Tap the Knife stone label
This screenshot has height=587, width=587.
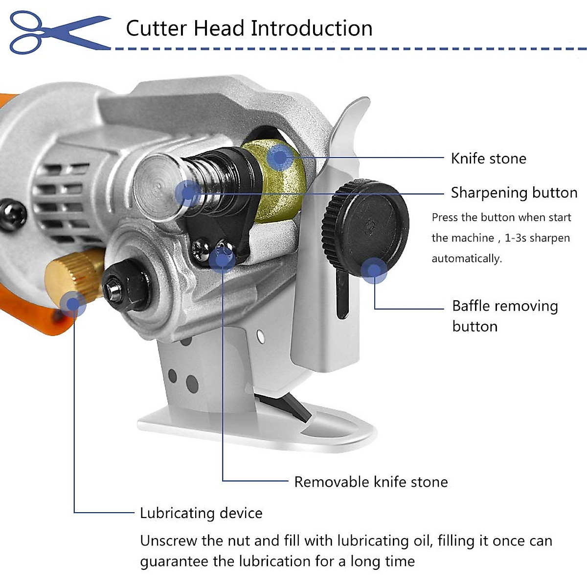[488, 158]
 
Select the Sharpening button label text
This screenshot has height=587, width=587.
[514, 193]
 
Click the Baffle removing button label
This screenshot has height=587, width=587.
[504, 316]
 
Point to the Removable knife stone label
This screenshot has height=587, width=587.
[371, 482]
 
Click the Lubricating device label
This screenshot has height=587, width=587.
[201, 513]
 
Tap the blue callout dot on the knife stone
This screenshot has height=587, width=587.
[280, 158]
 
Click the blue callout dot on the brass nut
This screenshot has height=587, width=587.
[73, 304]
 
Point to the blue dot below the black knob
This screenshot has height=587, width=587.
[374, 271]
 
